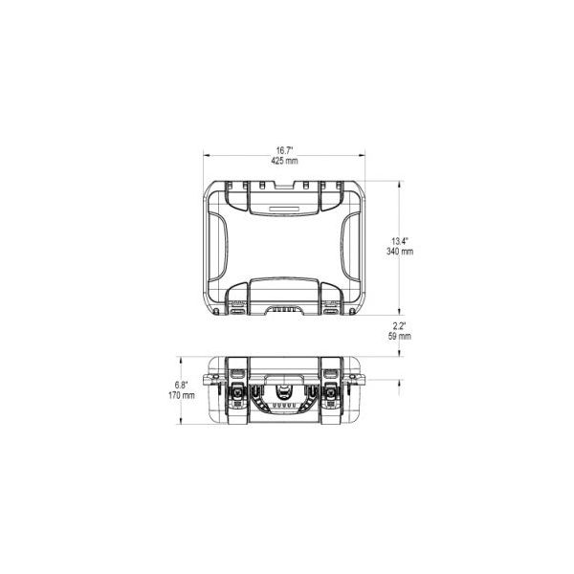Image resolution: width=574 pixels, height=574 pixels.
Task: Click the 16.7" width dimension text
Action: [284, 150]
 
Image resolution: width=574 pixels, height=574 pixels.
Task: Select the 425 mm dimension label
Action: [284, 161]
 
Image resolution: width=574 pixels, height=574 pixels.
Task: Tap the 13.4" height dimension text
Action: [399, 241]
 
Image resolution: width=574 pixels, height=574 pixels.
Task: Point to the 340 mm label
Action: [400, 252]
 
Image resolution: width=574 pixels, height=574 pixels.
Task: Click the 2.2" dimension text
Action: [399, 326]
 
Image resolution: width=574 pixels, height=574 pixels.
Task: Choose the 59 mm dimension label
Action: [399, 336]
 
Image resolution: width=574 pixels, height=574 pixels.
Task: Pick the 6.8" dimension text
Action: [181, 386]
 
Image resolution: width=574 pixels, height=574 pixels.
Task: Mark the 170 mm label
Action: [182, 395]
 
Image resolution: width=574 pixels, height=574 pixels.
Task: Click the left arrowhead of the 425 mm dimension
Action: [206, 156]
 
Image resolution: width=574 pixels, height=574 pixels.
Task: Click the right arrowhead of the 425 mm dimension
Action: [363, 156]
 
